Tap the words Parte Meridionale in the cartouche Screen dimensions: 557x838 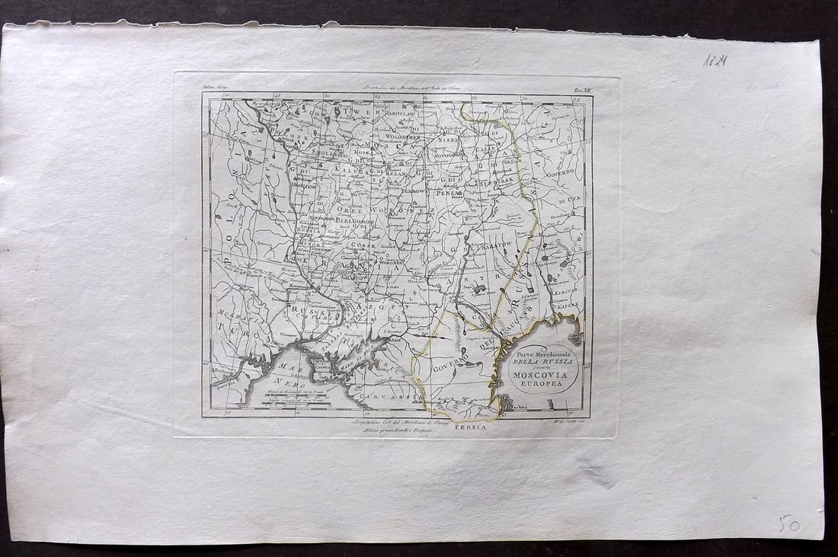tap(542, 356)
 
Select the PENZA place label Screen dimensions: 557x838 tap(447, 194)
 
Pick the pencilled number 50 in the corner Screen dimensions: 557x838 tap(788, 523)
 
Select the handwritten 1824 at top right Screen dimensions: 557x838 tap(715, 60)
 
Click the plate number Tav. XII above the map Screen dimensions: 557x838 tap(582, 90)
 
